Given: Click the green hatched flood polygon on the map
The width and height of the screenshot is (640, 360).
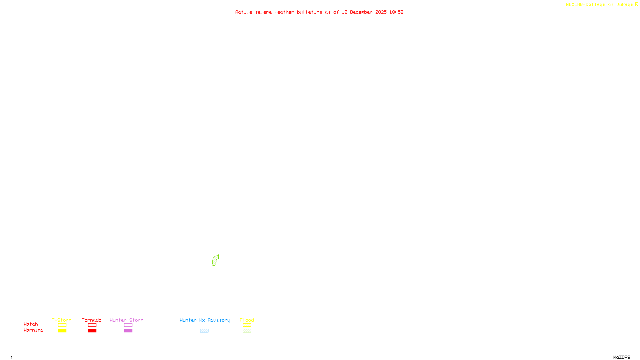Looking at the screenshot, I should click(215, 260).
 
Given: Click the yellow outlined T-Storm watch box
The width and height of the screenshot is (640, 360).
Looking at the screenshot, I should click(62, 325).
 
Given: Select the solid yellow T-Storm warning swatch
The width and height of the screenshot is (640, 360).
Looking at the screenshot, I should click(62, 331).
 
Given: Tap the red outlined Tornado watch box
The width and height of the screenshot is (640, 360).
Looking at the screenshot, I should click(92, 325).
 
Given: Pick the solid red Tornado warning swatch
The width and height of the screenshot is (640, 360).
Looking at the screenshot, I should click(92, 331).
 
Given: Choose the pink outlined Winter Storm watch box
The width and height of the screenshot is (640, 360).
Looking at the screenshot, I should click(128, 325).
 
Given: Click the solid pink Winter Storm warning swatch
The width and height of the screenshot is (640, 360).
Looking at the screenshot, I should click(128, 331).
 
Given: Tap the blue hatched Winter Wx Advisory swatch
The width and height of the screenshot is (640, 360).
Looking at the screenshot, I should click(204, 331).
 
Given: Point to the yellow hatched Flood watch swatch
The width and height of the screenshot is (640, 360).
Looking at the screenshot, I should click(247, 325).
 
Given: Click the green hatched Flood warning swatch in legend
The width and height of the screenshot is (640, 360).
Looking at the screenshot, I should click(247, 331).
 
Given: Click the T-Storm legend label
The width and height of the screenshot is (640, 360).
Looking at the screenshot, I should click(62, 320).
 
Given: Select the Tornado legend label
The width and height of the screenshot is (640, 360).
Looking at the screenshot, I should click(92, 320).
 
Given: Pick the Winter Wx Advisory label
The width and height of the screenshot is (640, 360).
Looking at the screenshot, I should click(205, 320).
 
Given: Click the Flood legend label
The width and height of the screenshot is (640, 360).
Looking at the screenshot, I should click(247, 320).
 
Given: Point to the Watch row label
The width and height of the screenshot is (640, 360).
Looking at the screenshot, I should click(31, 324).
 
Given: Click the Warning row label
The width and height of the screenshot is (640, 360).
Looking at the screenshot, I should click(33, 330).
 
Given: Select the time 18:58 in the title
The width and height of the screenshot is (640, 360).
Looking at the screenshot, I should click(396, 12).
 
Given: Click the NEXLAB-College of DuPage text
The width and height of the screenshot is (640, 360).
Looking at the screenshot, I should click(599, 4).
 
